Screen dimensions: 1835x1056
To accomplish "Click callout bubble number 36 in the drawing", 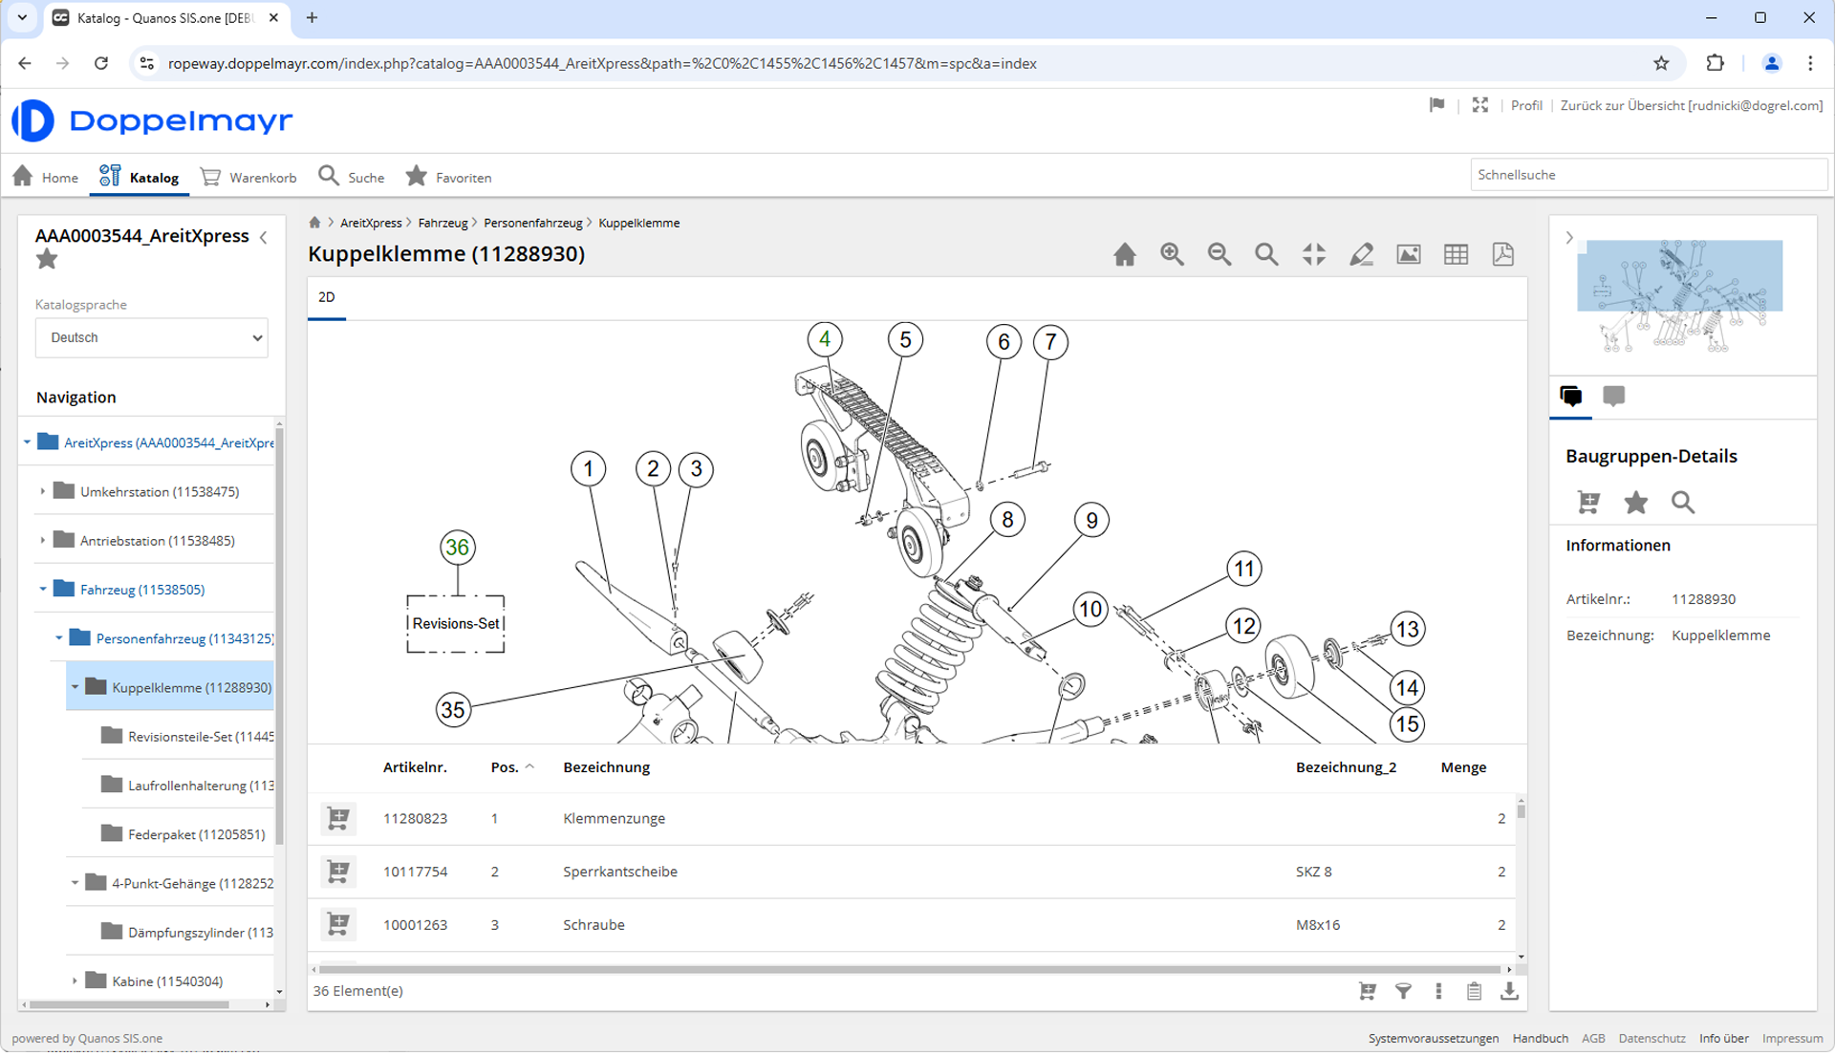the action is [458, 548].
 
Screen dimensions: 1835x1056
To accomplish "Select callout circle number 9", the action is [1091, 521].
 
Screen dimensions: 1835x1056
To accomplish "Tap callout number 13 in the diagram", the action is [1408, 630].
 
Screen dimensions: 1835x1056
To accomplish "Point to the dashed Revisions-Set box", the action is [456, 624].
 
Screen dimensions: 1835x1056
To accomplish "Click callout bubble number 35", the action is [453, 710].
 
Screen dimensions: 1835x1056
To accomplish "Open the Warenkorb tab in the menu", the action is [248, 178].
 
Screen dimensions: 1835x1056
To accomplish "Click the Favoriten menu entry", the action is [448, 178].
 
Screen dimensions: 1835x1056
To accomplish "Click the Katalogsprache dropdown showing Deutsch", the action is [151, 338].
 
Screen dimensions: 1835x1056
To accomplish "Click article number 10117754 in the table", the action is [415, 872].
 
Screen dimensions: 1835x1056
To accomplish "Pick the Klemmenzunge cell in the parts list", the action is [614, 819].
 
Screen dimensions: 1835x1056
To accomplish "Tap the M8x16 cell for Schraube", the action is [1318, 925].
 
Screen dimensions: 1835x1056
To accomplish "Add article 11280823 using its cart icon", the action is [338, 819].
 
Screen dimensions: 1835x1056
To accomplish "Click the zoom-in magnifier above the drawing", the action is [1172, 254].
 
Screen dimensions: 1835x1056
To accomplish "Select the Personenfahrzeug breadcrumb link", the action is [532, 223].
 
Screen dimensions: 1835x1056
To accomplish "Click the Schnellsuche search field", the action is [1648, 175].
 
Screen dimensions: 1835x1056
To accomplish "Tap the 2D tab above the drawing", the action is [326, 297].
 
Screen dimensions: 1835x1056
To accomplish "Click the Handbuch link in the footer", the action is [1540, 1039].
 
